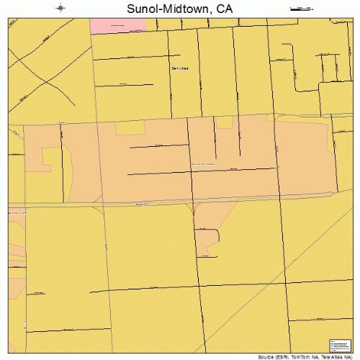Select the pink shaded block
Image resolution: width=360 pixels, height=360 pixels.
(x=118, y=25)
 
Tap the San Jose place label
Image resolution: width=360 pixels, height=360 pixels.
(x=179, y=68)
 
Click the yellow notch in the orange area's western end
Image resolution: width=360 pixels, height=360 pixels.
(x=50, y=158)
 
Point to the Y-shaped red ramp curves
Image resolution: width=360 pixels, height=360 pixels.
(x=194, y=210)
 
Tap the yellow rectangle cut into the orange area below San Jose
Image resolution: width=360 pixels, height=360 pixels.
(x=130, y=127)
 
